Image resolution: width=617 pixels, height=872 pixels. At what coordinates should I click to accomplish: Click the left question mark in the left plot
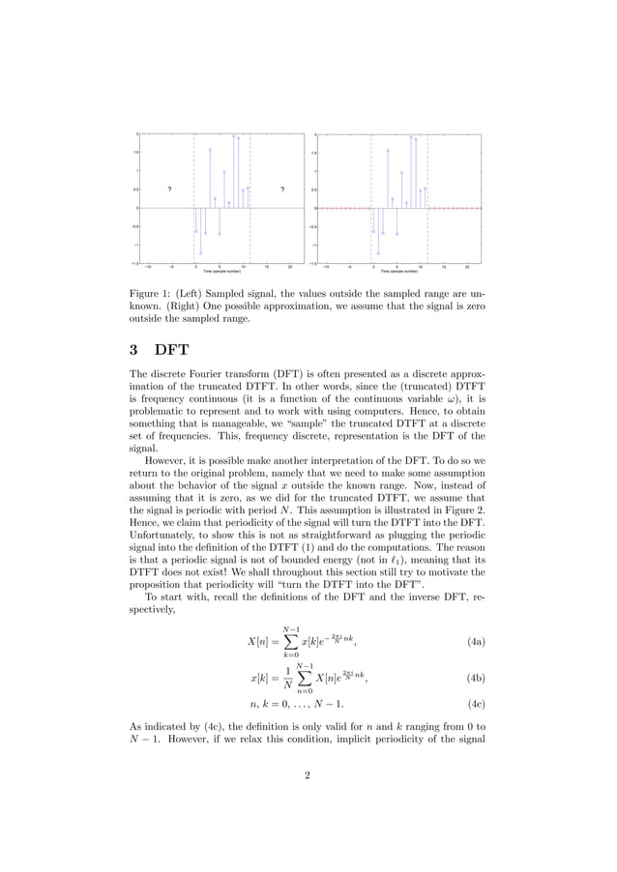click(169, 189)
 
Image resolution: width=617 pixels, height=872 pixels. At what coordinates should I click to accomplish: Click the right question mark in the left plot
click(281, 189)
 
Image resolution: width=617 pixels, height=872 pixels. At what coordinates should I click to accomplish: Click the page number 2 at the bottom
click(307, 801)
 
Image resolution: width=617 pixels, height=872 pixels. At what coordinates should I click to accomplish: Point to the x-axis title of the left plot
click(221, 273)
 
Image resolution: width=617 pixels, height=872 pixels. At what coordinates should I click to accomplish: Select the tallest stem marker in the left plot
click(233, 136)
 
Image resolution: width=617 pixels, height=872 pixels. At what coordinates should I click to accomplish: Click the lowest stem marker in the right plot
click(379, 253)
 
